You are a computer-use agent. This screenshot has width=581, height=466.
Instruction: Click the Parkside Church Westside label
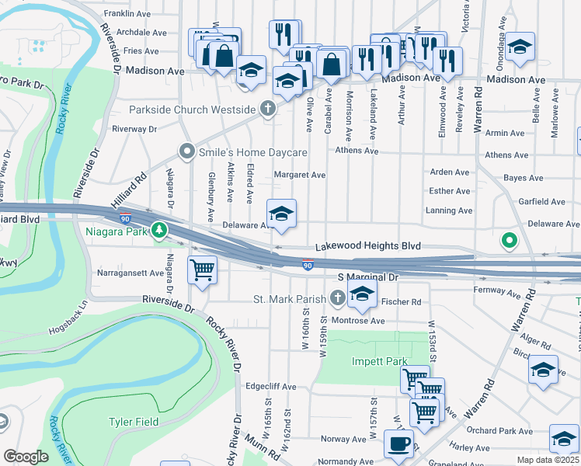[x=192, y=110]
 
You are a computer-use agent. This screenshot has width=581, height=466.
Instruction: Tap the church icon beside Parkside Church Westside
[x=269, y=109]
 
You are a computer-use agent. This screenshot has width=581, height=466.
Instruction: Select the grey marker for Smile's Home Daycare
[x=186, y=151]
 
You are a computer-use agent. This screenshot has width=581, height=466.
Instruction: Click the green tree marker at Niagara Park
[x=159, y=230]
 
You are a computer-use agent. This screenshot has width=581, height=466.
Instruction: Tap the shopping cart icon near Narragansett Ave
[x=203, y=271]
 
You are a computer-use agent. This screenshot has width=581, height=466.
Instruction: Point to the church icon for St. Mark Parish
[x=338, y=298]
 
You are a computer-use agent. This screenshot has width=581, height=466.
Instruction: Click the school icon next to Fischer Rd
[x=361, y=294]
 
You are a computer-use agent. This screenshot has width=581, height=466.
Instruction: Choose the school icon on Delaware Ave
[x=281, y=213]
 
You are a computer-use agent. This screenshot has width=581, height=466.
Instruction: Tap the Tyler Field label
[x=133, y=422]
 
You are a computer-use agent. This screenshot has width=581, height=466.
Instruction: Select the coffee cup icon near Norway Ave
[x=399, y=444]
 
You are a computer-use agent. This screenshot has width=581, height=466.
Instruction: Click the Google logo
[x=26, y=456]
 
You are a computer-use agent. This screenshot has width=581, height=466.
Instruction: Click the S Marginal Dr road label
[x=367, y=277]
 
